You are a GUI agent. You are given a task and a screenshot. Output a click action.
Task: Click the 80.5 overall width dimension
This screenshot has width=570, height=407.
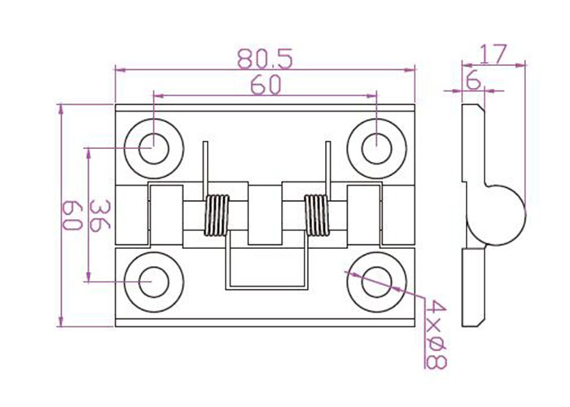(265, 59)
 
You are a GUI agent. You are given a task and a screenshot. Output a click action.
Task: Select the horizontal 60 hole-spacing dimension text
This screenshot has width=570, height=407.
(265, 85)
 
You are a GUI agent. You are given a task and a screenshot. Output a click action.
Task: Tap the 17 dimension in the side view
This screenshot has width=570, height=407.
(493, 55)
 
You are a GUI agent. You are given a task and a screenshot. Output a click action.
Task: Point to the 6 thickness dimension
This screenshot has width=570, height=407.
(473, 81)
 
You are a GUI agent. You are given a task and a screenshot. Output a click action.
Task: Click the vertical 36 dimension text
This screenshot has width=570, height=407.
(99, 215)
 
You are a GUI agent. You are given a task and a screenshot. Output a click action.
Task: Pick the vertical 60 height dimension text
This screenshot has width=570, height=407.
(72, 216)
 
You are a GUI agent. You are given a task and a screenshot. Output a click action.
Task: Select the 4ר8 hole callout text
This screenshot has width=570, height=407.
(436, 335)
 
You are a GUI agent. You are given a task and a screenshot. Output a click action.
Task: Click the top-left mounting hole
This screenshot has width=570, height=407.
(154, 148)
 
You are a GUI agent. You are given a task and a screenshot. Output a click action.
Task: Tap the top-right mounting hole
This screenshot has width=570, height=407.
(376, 148)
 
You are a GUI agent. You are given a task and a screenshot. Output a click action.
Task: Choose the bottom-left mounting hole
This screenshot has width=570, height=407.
(154, 282)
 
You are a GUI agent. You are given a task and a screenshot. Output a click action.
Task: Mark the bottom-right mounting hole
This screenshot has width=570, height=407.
(376, 282)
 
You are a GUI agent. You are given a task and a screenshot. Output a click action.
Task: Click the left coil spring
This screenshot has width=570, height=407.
(217, 216)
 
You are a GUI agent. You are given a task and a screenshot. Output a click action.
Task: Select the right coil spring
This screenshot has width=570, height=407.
(317, 216)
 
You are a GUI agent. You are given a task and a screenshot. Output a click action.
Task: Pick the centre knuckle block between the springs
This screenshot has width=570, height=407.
(265, 215)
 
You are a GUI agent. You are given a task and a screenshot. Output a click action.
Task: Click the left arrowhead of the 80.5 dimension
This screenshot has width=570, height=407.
(120, 69)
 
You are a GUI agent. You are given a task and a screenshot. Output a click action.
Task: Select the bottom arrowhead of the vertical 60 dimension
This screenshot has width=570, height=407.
(61, 322)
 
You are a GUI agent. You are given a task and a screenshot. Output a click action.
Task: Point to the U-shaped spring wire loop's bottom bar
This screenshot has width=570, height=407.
(267, 288)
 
